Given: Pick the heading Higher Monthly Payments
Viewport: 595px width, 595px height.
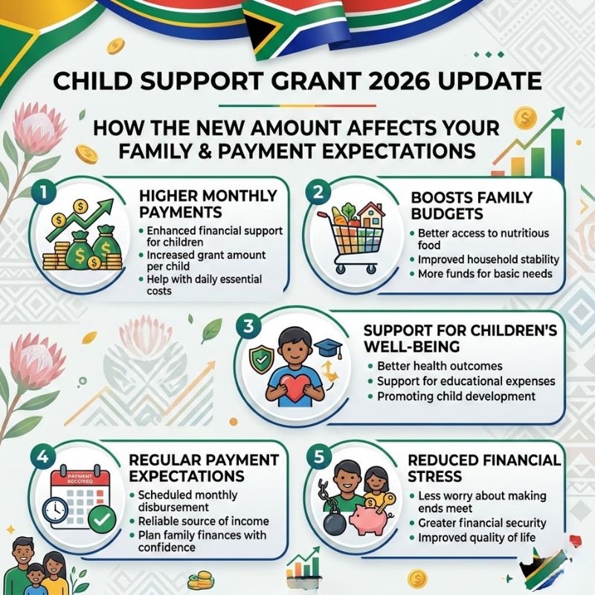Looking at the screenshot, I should tap(208, 204).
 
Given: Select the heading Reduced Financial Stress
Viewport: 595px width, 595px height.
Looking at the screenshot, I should tap(484, 468).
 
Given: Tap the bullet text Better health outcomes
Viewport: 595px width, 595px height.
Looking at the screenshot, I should tap(440, 366).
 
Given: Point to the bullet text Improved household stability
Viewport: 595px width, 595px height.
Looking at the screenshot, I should tap(489, 260).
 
